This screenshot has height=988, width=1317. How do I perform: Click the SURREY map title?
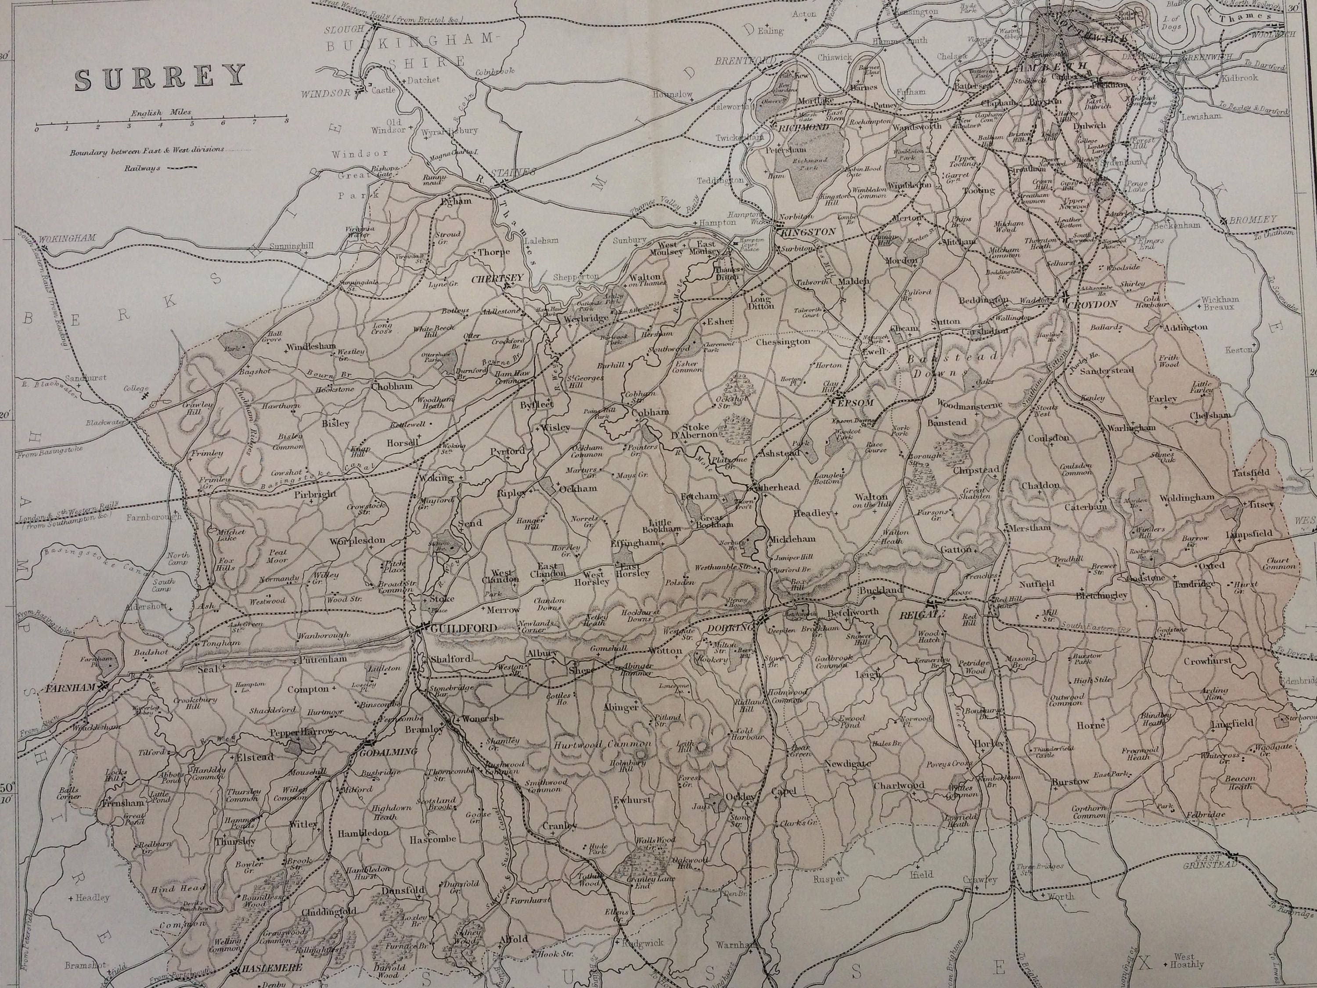[x=159, y=77]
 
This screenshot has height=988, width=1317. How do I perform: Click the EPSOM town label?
[x=858, y=403]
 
